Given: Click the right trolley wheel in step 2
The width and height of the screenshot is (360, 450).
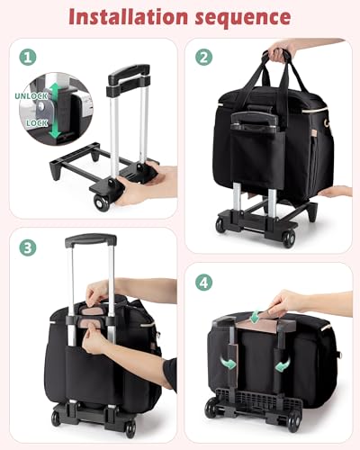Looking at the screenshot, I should click(x=288, y=238).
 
